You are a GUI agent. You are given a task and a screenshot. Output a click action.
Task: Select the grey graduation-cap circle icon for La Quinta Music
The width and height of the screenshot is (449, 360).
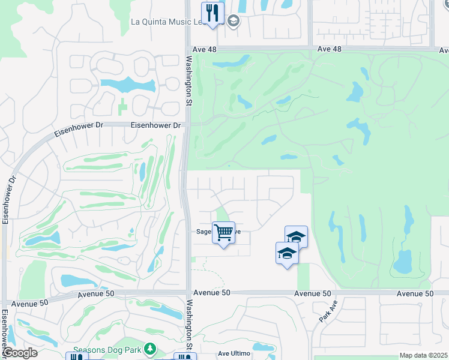tap(233, 22)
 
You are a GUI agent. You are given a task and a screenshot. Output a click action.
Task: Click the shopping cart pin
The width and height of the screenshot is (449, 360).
tap(224, 233)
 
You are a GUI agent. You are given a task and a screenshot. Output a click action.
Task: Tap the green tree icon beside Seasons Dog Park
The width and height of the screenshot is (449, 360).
tap(149, 349)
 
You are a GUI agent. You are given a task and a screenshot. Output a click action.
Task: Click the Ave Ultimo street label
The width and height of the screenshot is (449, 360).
tap(232, 354)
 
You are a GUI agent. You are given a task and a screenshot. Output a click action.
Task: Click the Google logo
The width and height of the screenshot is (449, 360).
tap(19, 353)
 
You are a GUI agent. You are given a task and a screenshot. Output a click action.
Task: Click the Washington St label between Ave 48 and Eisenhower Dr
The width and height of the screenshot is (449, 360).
tap(188, 80)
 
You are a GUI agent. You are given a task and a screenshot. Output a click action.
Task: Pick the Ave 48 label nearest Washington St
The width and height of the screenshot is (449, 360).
tap(205, 49)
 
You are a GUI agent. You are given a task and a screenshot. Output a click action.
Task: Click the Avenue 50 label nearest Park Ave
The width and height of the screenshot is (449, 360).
tap(313, 293)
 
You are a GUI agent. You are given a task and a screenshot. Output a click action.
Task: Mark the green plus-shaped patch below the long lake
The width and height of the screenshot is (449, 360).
tap(123, 106)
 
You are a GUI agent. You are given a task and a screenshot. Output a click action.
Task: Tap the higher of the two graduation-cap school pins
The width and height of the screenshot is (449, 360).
tap(296, 237)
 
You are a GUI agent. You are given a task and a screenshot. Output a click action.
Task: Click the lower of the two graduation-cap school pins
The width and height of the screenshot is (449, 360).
tap(287, 253)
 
